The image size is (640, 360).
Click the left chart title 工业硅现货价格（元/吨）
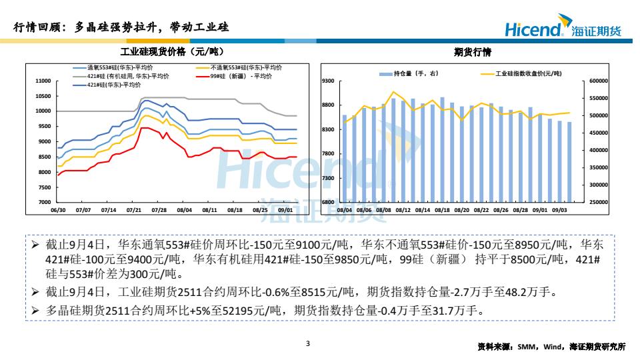tap(169, 51)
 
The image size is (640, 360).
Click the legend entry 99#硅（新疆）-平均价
tap(241, 76)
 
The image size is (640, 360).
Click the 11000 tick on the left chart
tap(43, 81)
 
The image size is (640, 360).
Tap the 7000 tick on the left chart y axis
tap(45, 202)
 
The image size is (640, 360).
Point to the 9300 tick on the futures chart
tap(327, 81)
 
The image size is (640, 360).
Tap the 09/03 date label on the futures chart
tap(560, 209)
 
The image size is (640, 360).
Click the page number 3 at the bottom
tap(307, 344)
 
